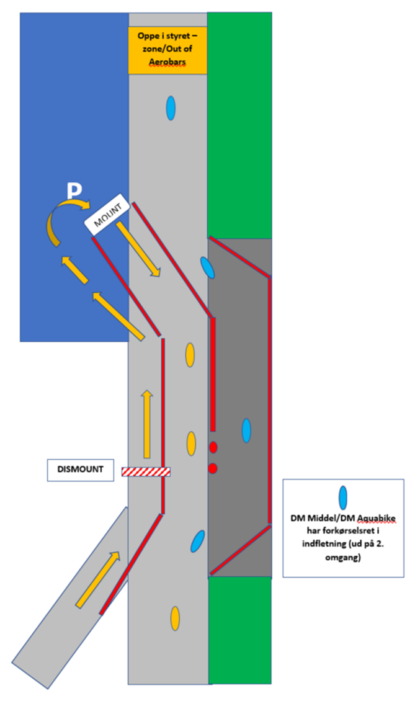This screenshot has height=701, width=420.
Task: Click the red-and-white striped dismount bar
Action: (x=146, y=471)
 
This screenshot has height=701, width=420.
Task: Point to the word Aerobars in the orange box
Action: (x=167, y=63)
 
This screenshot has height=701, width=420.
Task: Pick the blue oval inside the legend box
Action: (x=342, y=497)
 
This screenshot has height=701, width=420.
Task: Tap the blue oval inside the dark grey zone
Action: (x=246, y=431)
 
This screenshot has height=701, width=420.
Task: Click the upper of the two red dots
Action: (x=213, y=447)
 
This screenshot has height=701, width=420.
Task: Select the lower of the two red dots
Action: (x=213, y=468)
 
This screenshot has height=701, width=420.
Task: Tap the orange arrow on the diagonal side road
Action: (x=98, y=580)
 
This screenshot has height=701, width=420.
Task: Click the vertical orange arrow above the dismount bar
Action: (x=146, y=424)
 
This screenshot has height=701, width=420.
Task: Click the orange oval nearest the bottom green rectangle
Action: (x=176, y=618)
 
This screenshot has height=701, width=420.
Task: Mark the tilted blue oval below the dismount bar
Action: (x=198, y=541)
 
